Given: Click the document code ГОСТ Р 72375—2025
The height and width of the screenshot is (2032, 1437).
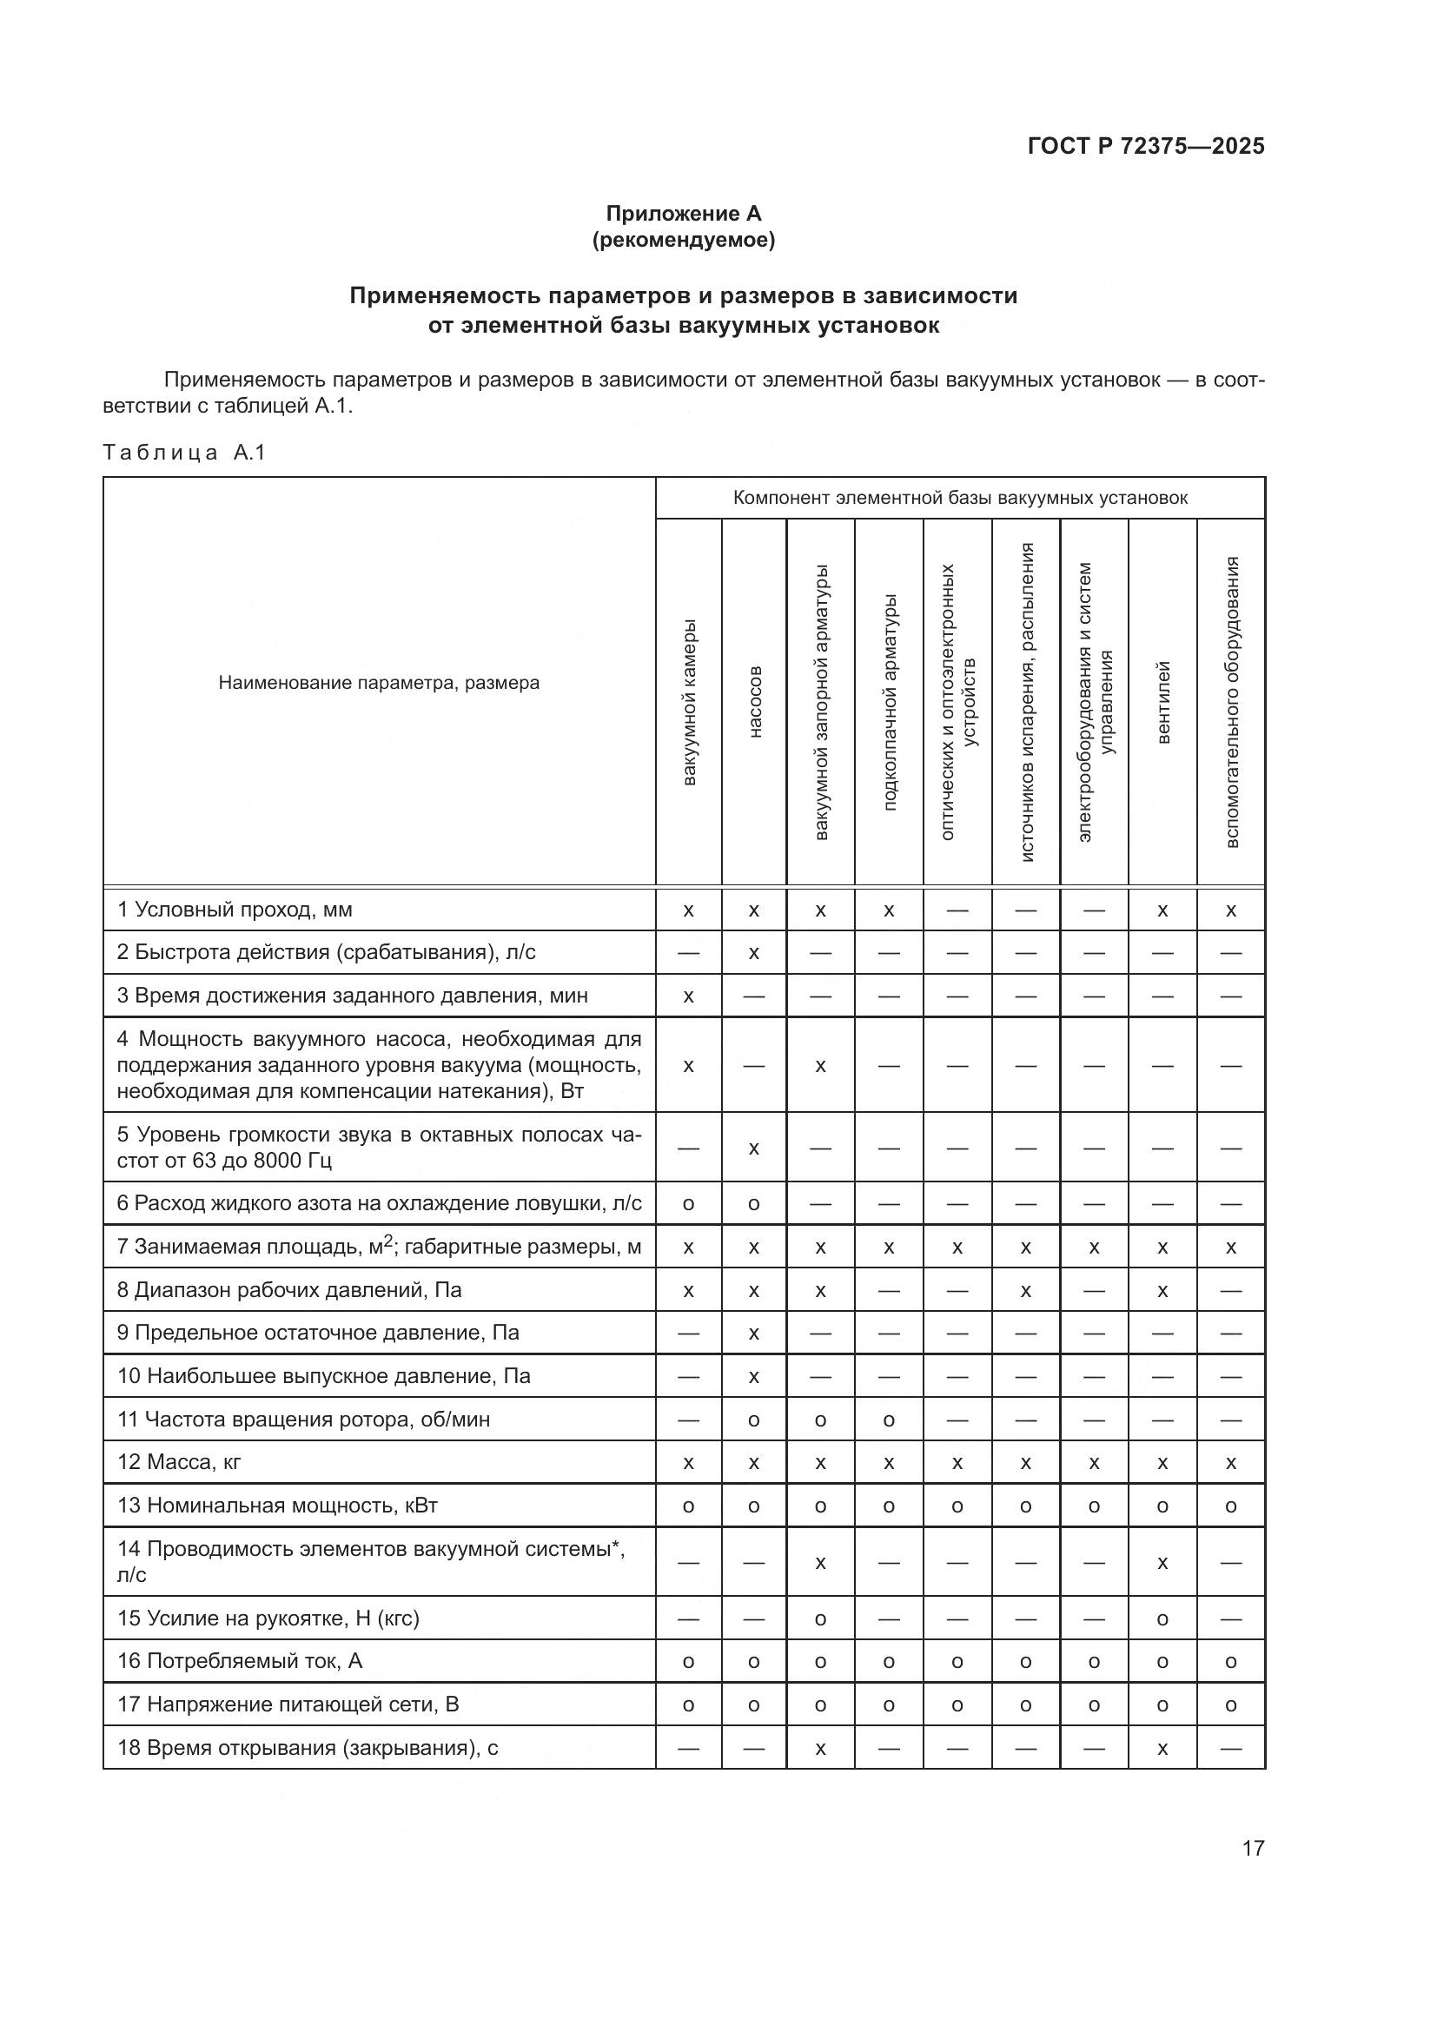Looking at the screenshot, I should pos(1146,146).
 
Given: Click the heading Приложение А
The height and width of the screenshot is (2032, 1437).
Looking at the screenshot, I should pos(683,214).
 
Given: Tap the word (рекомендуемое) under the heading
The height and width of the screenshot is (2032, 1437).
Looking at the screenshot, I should pos(683,240).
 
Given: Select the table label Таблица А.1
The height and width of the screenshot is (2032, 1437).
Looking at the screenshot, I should pos(184,453).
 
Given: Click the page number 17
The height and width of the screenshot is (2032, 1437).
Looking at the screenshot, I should pos(1253,1848).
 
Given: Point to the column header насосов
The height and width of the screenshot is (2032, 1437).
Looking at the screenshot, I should pos(755,702).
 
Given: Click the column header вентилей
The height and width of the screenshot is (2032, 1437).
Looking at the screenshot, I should pos(1163,702).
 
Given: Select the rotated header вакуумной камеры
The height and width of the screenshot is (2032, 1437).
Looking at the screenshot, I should pos(689,702).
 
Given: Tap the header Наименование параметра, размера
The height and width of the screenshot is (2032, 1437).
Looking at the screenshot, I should pos(379,683).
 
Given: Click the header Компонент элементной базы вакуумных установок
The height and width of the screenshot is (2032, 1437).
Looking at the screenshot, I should pos(960,499).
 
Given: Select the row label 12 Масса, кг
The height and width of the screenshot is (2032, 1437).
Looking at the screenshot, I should pos(179,1461).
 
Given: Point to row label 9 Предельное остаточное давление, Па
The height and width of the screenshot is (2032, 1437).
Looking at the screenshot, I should pos(318,1332).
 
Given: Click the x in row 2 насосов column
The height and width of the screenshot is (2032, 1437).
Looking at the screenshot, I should pos(754,953).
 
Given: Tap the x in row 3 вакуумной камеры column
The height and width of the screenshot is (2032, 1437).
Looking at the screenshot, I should pos(688,996).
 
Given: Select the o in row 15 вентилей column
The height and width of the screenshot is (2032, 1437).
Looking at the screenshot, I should pos(1162,1618).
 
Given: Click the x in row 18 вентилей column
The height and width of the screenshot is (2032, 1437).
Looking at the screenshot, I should pos(1162,1748).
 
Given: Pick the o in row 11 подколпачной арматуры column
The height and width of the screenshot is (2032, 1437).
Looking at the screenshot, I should pos(889,1420).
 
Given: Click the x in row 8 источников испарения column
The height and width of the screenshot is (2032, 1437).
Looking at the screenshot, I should pos(1025,1291).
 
